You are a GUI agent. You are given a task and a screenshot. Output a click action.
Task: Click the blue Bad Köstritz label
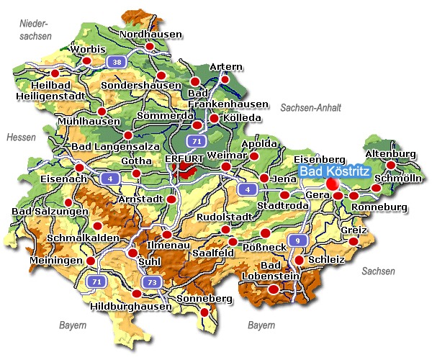(334, 171)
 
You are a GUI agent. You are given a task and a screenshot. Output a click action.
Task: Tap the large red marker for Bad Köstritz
(333, 184)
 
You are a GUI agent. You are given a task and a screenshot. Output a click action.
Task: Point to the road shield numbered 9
(297, 240)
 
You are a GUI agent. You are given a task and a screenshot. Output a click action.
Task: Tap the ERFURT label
(184, 158)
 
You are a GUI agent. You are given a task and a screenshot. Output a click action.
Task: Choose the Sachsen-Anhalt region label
(310, 107)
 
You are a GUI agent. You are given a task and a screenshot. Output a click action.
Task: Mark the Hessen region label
(21, 137)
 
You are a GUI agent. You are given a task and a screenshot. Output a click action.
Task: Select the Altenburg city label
(391, 154)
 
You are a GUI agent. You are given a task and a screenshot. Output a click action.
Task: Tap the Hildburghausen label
(132, 306)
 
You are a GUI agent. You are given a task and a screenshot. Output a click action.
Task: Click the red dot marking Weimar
(226, 167)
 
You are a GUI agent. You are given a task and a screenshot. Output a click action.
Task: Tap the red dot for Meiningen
(91, 261)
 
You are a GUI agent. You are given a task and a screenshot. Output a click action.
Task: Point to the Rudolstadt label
(225, 217)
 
